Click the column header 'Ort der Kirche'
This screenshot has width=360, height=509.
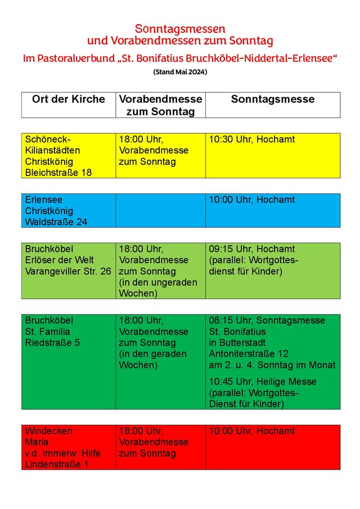[x=68, y=100]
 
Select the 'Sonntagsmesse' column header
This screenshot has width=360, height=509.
[x=272, y=100]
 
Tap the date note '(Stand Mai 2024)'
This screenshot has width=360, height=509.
[x=180, y=72]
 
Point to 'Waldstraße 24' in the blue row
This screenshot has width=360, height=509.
[x=56, y=222]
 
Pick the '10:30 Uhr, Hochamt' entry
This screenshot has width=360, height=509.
[x=251, y=139]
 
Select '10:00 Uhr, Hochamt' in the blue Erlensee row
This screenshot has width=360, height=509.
[x=251, y=200]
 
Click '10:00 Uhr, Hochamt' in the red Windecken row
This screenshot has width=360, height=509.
[x=251, y=431]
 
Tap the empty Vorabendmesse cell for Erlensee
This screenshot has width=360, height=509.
[x=160, y=210]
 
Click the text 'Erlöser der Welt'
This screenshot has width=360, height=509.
[x=59, y=260]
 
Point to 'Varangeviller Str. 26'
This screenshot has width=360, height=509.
[x=68, y=271]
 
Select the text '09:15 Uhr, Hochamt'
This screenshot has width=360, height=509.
[x=251, y=249]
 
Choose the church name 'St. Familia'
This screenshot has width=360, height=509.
[x=47, y=332]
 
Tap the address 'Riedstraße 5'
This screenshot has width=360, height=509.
[x=52, y=343]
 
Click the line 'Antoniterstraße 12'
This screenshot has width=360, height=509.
[x=248, y=354]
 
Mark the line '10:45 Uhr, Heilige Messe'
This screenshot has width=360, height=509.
[x=262, y=382]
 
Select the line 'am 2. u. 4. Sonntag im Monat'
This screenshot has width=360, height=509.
[x=272, y=365]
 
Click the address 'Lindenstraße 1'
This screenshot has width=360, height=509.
[x=56, y=465]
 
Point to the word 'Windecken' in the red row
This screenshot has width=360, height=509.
[x=48, y=431]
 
